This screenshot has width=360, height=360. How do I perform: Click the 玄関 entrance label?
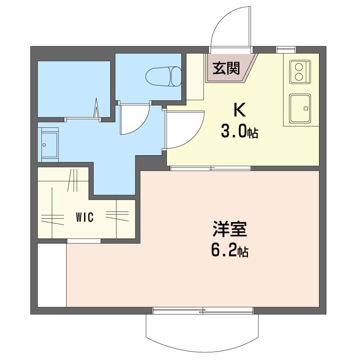coord(226,68)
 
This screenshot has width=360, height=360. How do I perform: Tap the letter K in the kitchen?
coord(239,110)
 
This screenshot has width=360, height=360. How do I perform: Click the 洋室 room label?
coord(229,229)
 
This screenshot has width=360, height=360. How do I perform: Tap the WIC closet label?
coord(85,217)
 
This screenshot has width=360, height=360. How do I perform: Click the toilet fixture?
coord(163,76)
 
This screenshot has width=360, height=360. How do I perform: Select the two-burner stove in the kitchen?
coord(300,72)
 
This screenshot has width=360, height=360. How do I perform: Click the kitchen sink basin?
coord(300,108)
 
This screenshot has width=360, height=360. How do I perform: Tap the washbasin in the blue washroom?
coord(49,145)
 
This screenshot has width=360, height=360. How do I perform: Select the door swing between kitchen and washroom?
coord(185,130)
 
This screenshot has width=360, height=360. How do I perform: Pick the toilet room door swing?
coord(135,119)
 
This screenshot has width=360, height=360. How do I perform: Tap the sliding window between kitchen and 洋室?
coord(211,168)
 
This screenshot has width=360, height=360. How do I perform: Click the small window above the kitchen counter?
coord(286,49)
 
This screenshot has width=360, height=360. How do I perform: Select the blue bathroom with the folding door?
coord(74,89)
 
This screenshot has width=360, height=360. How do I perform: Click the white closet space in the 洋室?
coord(52,275)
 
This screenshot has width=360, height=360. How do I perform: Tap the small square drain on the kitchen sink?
coord(306,108)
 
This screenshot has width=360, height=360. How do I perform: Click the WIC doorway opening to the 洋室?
coord(84,241)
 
